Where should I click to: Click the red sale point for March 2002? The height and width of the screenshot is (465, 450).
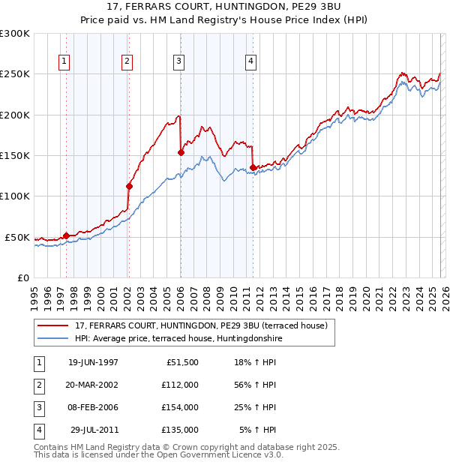point(129,186)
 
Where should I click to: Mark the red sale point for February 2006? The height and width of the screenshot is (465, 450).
point(181,152)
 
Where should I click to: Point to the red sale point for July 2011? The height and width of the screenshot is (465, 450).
point(253,167)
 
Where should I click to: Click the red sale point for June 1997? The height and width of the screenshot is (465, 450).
point(67,235)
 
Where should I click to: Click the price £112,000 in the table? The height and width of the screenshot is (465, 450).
point(179,384)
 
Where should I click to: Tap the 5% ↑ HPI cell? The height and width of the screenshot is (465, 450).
point(257,430)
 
